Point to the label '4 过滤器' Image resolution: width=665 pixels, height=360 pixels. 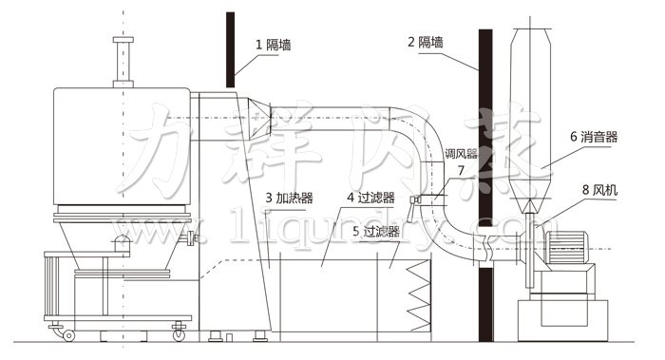[370, 198]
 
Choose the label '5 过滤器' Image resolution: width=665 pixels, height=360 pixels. [374, 230]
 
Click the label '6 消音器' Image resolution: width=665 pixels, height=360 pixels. [594, 137]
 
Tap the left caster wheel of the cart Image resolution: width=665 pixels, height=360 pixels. [67, 333]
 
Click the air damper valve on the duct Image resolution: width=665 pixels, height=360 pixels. [414, 199]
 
